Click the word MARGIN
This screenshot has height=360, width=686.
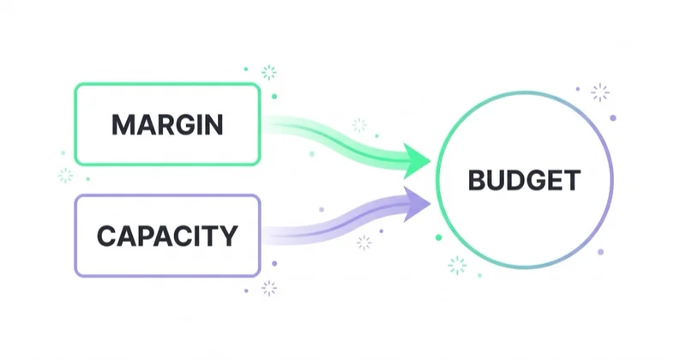coord(167,124)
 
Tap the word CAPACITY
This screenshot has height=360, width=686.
coord(167,237)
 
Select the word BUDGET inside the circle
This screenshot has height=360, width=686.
coord(524,180)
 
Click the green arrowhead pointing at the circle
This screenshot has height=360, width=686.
coord(417,161)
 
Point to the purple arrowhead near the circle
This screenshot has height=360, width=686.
coord(417,204)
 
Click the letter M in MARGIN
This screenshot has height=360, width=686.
coord(122,124)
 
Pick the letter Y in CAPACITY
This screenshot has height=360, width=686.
coord(228,237)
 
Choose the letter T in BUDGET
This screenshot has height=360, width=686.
coord(572,180)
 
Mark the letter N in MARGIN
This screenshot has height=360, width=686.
coord(214,124)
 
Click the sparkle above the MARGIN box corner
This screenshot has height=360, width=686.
coord(268,72)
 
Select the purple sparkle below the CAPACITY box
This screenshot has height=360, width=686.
coord(269,288)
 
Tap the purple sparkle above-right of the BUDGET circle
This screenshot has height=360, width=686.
coord(599,93)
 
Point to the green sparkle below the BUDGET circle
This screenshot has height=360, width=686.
coord(457,265)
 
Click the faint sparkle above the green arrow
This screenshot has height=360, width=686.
coord(359,125)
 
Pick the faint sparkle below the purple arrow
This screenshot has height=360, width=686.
coord(364,243)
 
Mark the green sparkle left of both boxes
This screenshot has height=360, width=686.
coord(66,176)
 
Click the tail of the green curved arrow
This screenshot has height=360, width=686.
coord(264,124)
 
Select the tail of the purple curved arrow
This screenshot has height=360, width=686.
coord(264,236)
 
